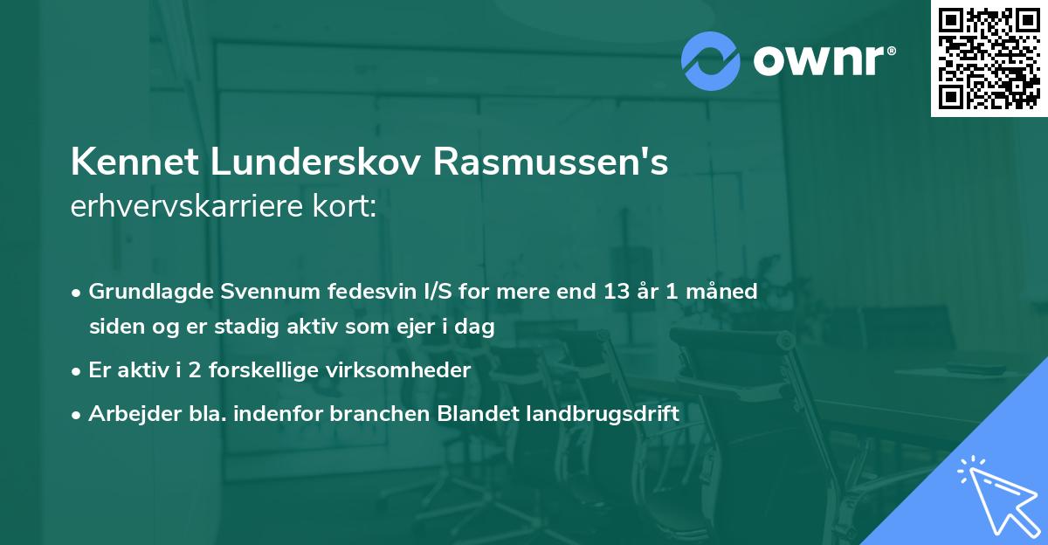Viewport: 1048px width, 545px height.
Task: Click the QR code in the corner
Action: [x=989, y=59]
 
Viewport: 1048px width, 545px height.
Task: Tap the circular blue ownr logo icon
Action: [x=712, y=60]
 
